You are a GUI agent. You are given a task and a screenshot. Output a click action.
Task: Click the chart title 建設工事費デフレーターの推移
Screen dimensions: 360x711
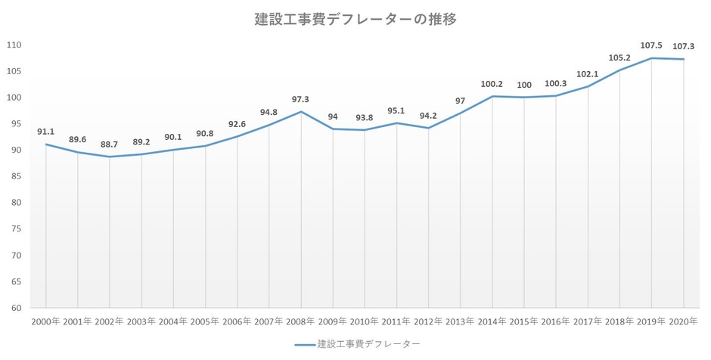[355, 20]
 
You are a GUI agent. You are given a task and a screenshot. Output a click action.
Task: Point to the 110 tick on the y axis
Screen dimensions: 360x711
[14, 45]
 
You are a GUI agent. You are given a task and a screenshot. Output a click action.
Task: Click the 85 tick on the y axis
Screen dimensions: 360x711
[17, 177]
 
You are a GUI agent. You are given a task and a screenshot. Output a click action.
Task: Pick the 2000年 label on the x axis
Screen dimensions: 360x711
[46, 321]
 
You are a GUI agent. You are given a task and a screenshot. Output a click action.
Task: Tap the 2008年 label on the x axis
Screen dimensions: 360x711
[301, 321]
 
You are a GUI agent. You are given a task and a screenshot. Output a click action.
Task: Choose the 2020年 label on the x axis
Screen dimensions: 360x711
[684, 321]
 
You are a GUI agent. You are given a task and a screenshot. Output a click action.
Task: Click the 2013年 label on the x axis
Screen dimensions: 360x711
[461, 321]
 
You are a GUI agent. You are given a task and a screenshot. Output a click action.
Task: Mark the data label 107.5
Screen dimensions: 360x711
[651, 45]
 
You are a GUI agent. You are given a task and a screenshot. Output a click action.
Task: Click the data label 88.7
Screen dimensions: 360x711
[110, 144]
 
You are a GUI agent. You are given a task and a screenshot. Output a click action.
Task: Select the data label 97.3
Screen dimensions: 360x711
[301, 99]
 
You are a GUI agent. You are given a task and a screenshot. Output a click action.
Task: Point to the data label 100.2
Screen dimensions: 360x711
[492, 84]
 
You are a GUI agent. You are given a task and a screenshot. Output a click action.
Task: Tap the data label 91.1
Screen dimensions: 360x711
[46, 132]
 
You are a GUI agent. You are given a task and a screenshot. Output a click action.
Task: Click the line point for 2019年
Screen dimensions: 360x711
[651, 58]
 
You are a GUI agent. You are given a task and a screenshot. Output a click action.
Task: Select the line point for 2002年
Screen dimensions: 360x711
[110, 157]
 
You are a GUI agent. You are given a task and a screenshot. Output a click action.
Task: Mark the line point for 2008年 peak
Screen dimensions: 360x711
[301, 112]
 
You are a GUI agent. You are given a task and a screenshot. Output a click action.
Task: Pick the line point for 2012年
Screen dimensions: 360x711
[428, 128]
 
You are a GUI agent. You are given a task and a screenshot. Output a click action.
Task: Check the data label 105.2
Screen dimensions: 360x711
[619, 57]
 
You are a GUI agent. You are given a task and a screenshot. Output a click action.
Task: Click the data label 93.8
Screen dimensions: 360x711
[365, 117]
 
